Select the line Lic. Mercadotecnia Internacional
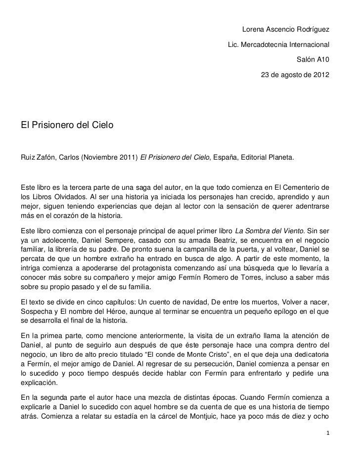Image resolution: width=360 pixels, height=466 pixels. [x=278, y=45]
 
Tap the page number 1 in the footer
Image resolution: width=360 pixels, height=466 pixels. [x=328, y=432]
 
